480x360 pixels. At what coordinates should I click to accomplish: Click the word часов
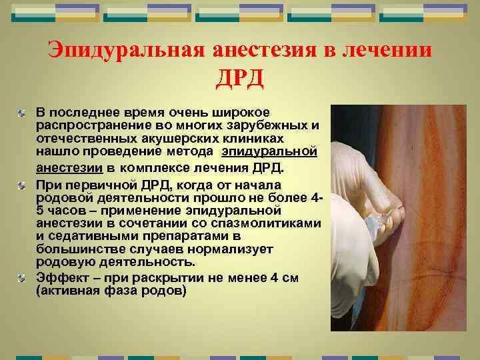(69, 211)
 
